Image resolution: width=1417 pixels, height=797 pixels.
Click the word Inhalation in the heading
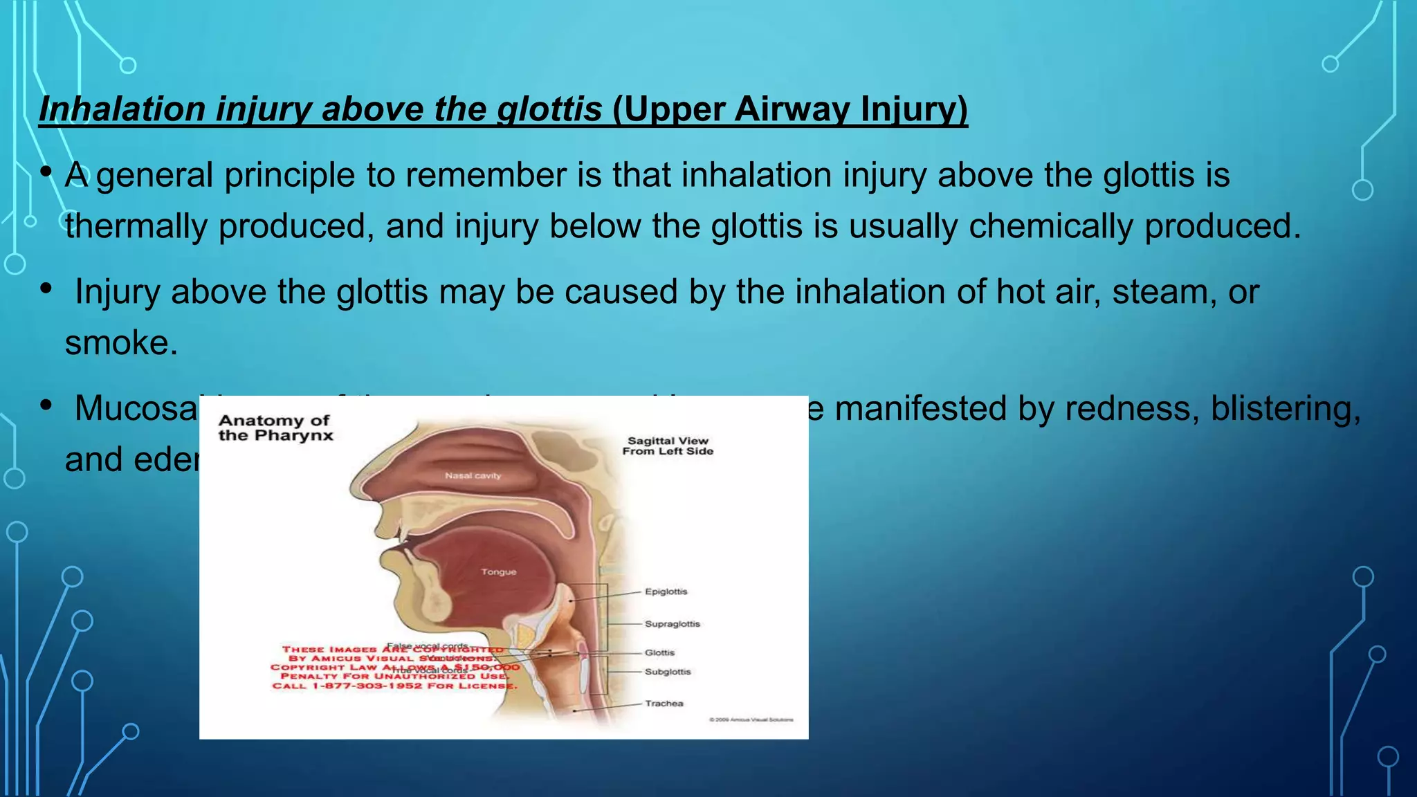point(122,109)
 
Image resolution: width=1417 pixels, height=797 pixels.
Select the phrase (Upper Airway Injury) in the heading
point(789,109)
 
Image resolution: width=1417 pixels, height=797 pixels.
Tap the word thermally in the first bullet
point(136,226)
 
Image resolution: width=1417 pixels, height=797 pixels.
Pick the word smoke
point(121,343)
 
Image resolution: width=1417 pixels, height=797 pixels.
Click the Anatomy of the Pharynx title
point(275,428)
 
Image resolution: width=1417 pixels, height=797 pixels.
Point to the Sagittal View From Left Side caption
point(667,446)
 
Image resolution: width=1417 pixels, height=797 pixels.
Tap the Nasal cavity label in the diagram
point(473,476)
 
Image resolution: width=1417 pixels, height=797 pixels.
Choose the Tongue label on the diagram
point(498,572)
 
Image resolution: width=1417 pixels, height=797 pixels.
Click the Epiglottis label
point(666,592)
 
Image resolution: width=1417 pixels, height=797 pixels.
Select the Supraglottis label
point(672,624)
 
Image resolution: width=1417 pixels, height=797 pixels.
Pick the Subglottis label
point(667,672)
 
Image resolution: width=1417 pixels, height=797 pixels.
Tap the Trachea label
point(664,704)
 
